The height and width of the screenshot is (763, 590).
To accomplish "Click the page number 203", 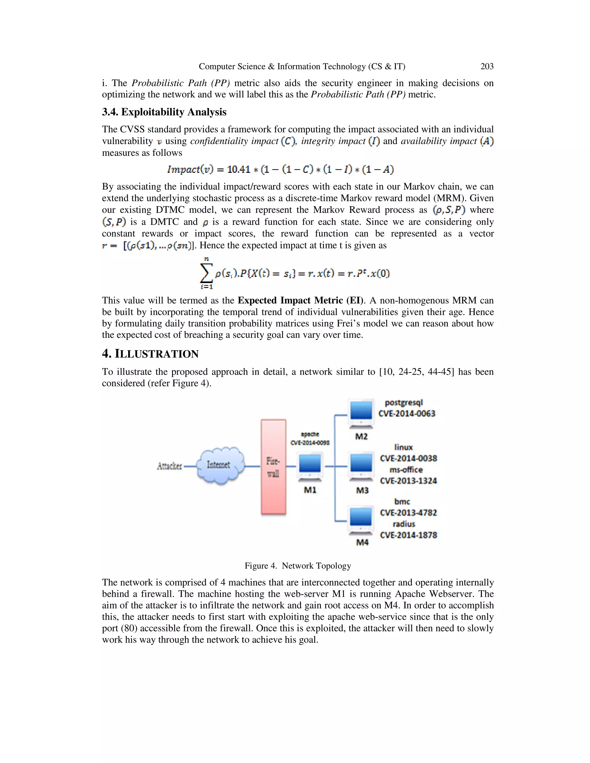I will [x=487, y=67].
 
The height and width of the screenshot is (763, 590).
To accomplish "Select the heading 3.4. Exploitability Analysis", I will [x=164, y=112].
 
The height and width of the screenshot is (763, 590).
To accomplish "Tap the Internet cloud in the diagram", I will [x=220, y=465].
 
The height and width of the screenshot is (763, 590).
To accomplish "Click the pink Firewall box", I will [x=273, y=467].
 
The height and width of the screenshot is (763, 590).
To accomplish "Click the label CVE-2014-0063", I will [x=406, y=414].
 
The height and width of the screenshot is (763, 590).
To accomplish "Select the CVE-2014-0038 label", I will [x=408, y=458].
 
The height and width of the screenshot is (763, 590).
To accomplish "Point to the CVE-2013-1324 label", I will [x=408, y=481].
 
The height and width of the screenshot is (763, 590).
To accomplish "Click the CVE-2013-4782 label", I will [x=408, y=513].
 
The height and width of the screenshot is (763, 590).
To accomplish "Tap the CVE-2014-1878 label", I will [x=408, y=535].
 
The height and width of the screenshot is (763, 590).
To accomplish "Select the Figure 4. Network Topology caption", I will [x=297, y=565].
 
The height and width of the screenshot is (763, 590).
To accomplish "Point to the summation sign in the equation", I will [x=206, y=273].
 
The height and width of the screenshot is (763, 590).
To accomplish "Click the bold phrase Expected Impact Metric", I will [x=290, y=300].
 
